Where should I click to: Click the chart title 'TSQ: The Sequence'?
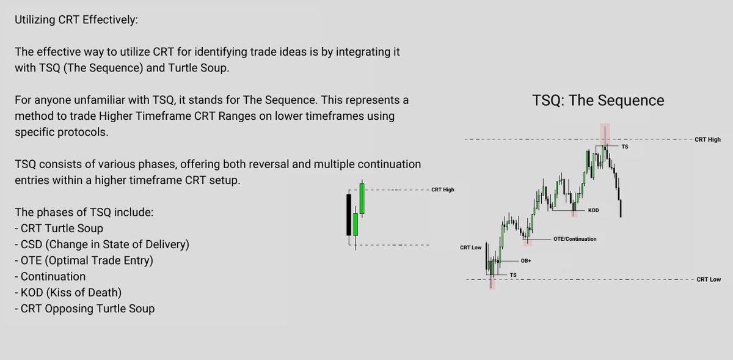pyautogui.click(x=599, y=100)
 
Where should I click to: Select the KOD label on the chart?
pyautogui.click(x=593, y=210)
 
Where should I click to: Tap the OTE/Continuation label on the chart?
pyautogui.click(x=574, y=239)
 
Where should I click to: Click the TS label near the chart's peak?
pyautogui.click(x=624, y=147)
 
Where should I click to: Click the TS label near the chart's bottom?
pyautogui.click(x=512, y=276)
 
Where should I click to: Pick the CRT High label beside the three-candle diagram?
pyautogui.click(x=442, y=190)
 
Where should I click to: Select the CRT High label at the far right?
pyautogui.click(x=707, y=140)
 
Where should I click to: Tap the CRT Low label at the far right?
pyautogui.click(x=708, y=279)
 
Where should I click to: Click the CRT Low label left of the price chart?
pyautogui.click(x=472, y=248)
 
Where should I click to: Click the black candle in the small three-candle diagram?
pyautogui.click(x=348, y=215)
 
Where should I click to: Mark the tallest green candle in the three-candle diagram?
pyautogui.click(x=362, y=198)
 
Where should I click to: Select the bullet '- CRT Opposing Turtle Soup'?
pyautogui.click(x=84, y=309)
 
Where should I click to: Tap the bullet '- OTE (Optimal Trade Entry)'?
pyautogui.click(x=83, y=261)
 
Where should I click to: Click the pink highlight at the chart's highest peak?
pyautogui.click(x=605, y=134)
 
